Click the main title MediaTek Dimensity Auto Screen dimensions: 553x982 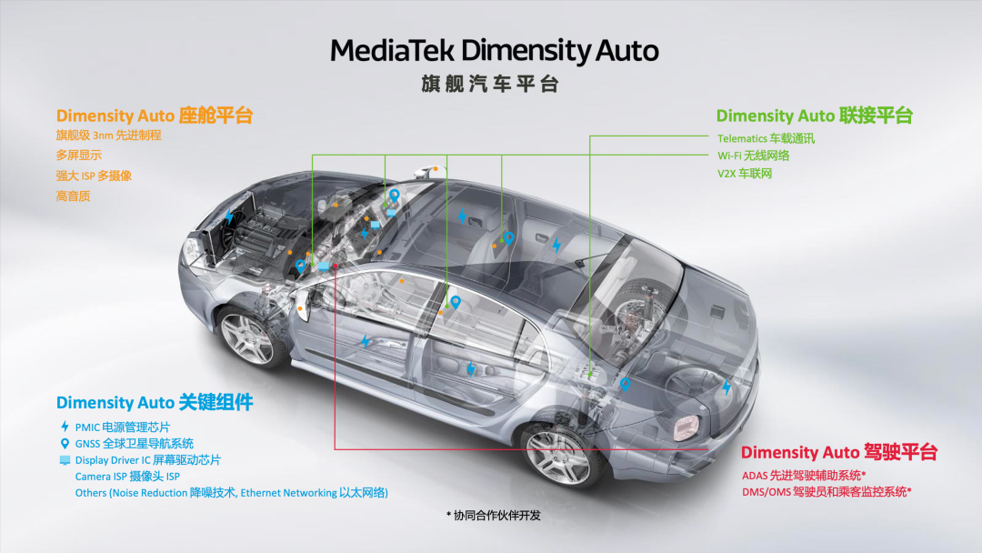(494, 50)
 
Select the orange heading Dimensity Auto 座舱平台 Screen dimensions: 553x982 (155, 116)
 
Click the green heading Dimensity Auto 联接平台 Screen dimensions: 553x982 (814, 116)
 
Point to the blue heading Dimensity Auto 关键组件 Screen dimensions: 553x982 (155, 402)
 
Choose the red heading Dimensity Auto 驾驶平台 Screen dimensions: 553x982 (838, 452)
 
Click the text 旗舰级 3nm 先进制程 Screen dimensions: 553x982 (108, 136)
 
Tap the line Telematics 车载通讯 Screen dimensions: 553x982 (766, 138)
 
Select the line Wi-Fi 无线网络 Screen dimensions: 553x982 (753, 156)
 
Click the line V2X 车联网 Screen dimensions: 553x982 (745, 173)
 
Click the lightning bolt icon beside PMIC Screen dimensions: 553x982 (65, 427)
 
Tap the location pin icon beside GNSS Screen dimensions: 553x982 (65, 444)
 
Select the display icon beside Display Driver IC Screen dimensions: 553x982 (65, 460)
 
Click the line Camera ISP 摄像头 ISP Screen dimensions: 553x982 (127, 477)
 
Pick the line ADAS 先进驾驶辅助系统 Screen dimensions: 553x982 (804, 475)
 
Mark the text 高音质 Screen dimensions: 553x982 (74, 196)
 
